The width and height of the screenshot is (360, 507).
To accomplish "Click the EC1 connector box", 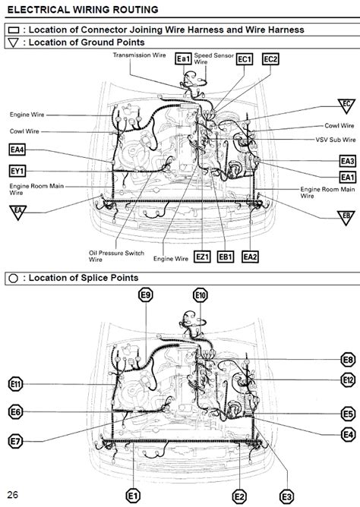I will pos(243,58).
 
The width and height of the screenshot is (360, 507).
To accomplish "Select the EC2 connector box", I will pos(270,58).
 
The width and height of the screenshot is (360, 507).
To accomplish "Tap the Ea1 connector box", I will pos(182,58).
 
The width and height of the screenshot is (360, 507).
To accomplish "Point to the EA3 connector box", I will pos(346,161).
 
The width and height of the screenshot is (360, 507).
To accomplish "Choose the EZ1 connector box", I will pos(202,257).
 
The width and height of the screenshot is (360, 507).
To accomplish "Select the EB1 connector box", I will pos(226,257).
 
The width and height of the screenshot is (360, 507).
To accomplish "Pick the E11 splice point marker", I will pos(17,383).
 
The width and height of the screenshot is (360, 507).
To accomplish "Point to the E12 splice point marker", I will pos(347,379).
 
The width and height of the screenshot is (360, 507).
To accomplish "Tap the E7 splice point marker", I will pos(16,439).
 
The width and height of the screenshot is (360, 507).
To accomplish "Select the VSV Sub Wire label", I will pos(335,140).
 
